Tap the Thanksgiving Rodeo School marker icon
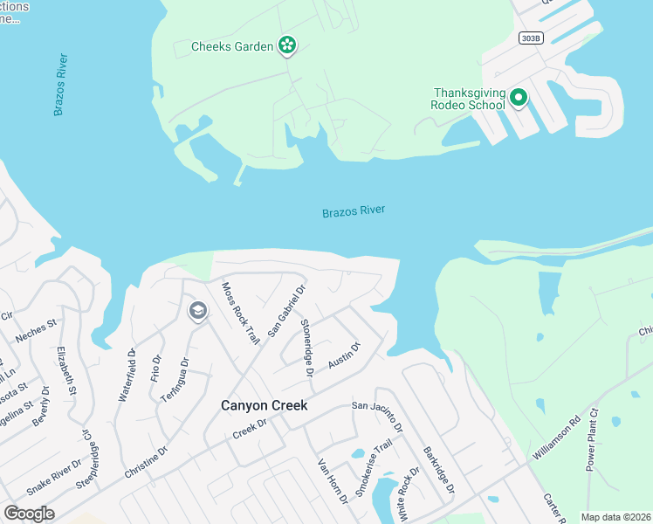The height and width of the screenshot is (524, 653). click(519, 98)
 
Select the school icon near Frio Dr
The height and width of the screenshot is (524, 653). click(197, 311)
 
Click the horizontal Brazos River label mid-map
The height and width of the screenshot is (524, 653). click(354, 211)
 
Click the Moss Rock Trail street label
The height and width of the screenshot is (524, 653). click(240, 312)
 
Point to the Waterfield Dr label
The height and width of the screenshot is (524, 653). click(127, 376)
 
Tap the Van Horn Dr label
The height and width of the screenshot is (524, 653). click(333, 481)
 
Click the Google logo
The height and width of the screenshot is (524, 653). click(29, 514)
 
